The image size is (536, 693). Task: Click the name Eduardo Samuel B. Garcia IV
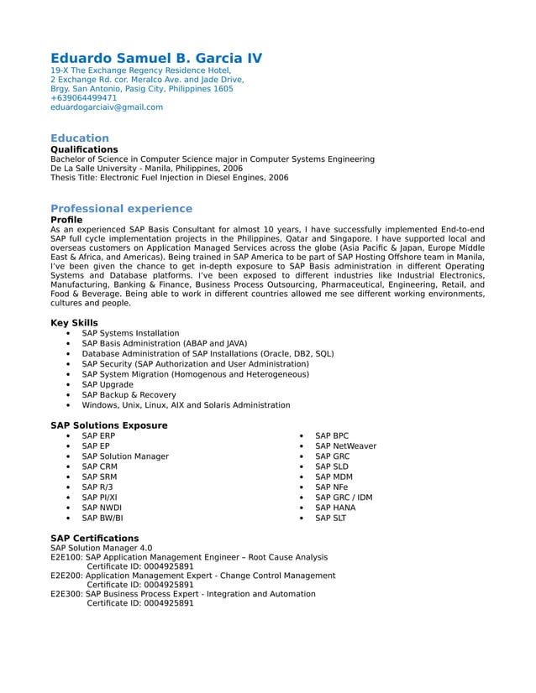(x=156, y=58)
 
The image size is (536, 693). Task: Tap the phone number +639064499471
(x=83, y=98)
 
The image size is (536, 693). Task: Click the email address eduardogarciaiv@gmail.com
(x=107, y=107)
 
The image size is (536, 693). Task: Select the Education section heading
(x=80, y=138)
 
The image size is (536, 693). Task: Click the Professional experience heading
(x=121, y=209)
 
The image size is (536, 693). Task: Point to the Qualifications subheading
(x=84, y=149)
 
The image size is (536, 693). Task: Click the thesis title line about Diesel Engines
(x=169, y=178)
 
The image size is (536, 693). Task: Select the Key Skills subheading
(x=74, y=323)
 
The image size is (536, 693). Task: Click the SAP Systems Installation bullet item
(x=130, y=333)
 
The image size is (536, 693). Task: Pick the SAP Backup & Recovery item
(x=129, y=394)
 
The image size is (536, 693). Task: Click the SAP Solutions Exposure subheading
(x=108, y=425)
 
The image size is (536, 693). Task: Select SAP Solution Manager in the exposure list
(x=125, y=456)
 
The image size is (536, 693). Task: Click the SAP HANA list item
(x=335, y=508)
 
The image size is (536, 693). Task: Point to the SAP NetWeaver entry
(x=345, y=446)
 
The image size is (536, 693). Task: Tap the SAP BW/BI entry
(x=102, y=518)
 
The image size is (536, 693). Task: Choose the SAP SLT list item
(x=330, y=518)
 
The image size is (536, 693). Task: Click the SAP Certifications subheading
(x=94, y=539)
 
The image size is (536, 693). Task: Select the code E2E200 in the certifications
(x=66, y=576)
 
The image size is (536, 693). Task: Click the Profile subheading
(x=66, y=220)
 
